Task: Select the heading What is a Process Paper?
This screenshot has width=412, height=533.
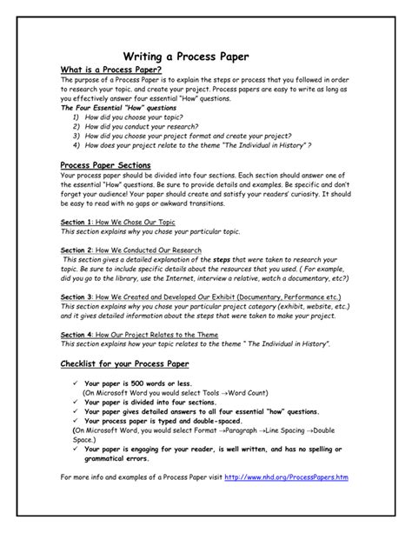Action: pos(110,70)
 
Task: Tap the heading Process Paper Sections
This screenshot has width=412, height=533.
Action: pos(105,164)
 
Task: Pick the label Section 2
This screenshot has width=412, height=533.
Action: pos(76,250)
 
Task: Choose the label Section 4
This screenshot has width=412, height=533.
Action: pos(76,334)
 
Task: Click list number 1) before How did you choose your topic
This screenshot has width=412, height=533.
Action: pos(76,116)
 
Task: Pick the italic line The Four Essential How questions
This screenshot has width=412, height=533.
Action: pos(116,107)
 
